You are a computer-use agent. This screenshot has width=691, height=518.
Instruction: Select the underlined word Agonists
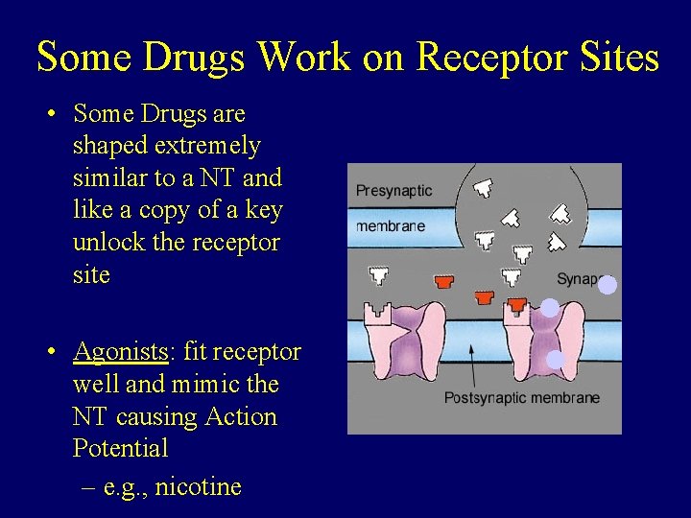coord(120,352)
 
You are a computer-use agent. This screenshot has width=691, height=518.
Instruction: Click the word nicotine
coord(198,486)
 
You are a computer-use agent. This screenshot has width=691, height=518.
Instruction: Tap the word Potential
coord(120,448)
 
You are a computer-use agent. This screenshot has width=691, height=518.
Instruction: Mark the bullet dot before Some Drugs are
coord(54,113)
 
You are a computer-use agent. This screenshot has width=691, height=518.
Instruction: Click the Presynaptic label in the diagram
coord(393,191)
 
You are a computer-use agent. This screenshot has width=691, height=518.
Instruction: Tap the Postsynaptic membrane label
coord(521,398)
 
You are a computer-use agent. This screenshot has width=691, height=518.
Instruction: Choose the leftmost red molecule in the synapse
coord(443,281)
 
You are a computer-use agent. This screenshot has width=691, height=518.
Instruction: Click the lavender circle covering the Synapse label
coord(607,284)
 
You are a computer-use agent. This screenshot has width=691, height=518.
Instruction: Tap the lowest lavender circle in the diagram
coord(556,360)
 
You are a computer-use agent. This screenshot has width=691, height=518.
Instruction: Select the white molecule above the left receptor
coord(379,276)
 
